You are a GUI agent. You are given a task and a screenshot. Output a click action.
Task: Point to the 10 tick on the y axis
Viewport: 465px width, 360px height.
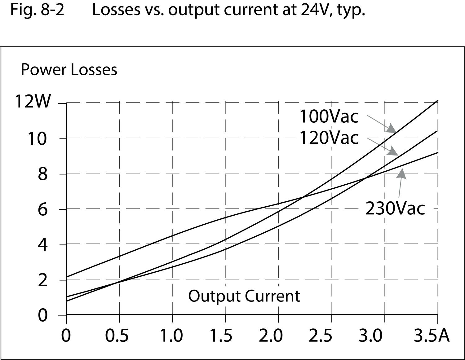pyautogui.click(x=37, y=138)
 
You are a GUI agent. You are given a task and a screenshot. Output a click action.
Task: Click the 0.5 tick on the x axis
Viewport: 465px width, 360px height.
pyautogui.click(x=117, y=336)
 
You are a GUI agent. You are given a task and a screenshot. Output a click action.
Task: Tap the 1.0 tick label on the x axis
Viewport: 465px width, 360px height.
pyautogui.click(x=171, y=336)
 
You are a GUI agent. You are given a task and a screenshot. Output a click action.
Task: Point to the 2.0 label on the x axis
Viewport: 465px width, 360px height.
pyautogui.click(x=271, y=336)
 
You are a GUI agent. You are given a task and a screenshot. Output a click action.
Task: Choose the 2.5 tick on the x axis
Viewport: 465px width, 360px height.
pyautogui.click(x=321, y=336)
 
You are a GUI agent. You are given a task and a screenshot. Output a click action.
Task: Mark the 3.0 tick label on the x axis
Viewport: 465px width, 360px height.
pyautogui.click(x=371, y=336)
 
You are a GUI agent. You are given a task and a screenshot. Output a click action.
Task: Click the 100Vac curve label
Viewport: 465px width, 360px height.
pyautogui.click(x=329, y=116)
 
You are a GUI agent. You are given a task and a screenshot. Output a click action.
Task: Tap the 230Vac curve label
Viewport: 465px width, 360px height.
pyautogui.click(x=395, y=208)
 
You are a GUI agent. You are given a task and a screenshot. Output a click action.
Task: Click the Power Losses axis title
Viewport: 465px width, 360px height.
pyautogui.click(x=69, y=70)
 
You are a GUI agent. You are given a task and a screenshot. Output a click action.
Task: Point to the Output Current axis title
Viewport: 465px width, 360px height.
pyautogui.click(x=244, y=296)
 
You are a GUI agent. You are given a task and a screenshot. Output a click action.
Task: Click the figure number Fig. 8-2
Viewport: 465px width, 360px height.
pyautogui.click(x=37, y=10)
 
